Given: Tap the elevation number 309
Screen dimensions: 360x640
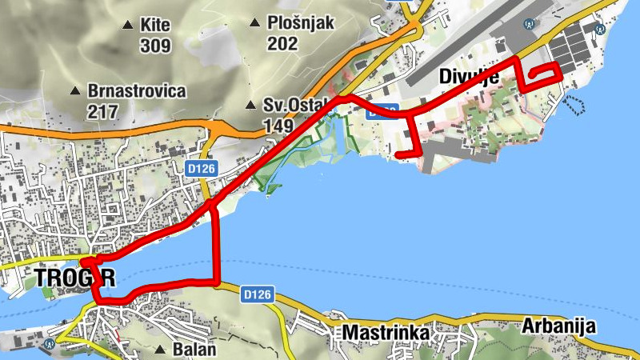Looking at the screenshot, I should click(x=155, y=46).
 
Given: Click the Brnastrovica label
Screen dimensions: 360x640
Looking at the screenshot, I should click(x=137, y=91).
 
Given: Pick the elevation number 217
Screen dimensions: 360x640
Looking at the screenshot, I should click(x=104, y=111).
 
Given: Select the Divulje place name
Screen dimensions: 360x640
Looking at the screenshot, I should click(x=470, y=77).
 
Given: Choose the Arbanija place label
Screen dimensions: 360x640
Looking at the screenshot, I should click(x=559, y=326).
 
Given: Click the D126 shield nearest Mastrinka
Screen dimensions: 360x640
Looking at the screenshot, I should click(x=259, y=294).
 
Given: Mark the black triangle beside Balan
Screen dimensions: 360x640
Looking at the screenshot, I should click(x=162, y=350).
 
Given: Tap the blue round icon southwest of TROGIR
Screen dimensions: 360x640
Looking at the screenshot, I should click(x=50, y=344).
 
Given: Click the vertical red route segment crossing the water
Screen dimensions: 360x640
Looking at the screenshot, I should click(x=217, y=244).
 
